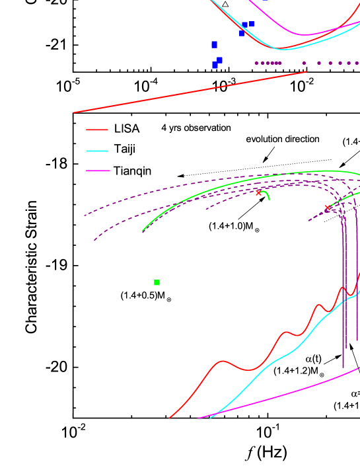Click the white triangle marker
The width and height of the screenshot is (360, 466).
click(x=225, y=5)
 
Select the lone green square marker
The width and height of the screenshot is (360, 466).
click(x=157, y=282)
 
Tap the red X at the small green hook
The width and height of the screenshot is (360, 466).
click(x=258, y=193)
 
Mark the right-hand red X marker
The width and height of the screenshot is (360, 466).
click(x=327, y=208)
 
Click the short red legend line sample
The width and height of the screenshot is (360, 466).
click(x=97, y=130)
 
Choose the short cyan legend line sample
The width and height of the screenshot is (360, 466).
click(x=97, y=151)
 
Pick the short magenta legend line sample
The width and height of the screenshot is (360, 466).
click(x=98, y=171)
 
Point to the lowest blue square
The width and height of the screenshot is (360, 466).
click(x=215, y=65)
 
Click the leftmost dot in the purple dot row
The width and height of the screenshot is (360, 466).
click(x=256, y=63)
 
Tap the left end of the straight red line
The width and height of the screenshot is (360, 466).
click(x=73, y=112)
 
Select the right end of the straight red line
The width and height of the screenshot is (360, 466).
click(x=306, y=72)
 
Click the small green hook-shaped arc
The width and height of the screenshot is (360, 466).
click(x=266, y=194)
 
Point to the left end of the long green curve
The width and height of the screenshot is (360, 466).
click(x=143, y=231)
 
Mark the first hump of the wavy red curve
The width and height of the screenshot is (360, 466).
click(x=223, y=361)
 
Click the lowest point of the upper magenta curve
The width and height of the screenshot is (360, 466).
click(x=305, y=34)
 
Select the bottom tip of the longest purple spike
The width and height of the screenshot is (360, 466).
click(x=343, y=368)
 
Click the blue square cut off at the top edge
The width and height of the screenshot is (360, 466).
click(x=266, y=1)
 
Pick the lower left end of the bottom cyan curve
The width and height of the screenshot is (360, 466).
click(x=210, y=418)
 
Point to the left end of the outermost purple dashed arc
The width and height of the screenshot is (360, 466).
click(x=85, y=215)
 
